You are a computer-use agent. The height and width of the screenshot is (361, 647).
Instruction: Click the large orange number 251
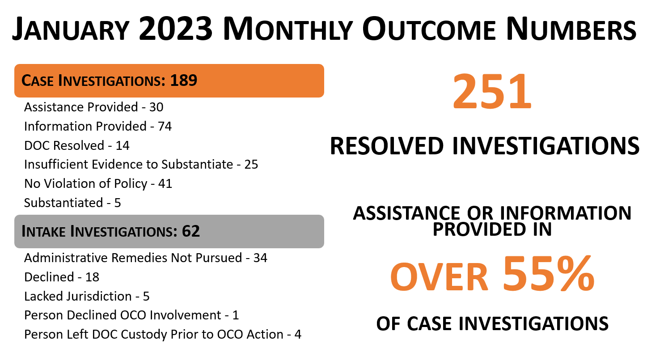pyautogui.click(x=492, y=93)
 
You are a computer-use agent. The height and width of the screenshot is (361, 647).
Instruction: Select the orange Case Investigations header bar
pyautogui.click(x=169, y=81)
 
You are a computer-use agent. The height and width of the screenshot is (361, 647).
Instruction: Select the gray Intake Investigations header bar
pyautogui.click(x=169, y=232)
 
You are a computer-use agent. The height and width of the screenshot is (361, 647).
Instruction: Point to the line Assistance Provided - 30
pyautogui.click(x=93, y=107)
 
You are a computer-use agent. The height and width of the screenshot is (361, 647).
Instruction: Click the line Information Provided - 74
pyautogui.click(x=98, y=127)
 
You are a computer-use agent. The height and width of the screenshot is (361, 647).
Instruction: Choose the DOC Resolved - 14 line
pyautogui.click(x=77, y=145)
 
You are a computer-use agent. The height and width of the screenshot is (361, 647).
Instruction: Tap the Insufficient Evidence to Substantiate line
pyautogui.click(x=141, y=165)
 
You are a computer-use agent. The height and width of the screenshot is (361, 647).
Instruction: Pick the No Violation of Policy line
pyautogui.click(x=98, y=184)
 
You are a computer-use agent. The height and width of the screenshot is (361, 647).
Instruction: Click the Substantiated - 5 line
pyautogui.click(x=72, y=203)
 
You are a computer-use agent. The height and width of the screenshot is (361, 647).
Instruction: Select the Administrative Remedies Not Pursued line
pyautogui.click(x=145, y=258)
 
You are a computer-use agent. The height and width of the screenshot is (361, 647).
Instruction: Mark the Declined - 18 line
pyautogui.click(x=62, y=277)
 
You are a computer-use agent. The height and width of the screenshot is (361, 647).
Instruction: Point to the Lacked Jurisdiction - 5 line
pyautogui.click(x=87, y=297)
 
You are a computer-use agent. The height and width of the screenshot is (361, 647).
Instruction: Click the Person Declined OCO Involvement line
pyautogui.click(x=131, y=315)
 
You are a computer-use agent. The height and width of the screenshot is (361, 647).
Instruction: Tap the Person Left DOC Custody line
pyautogui.click(x=163, y=335)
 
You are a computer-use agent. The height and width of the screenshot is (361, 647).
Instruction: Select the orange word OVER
pyautogui.click(x=439, y=276)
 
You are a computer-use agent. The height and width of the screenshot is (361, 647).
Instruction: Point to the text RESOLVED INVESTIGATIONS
pyautogui.click(x=485, y=146)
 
